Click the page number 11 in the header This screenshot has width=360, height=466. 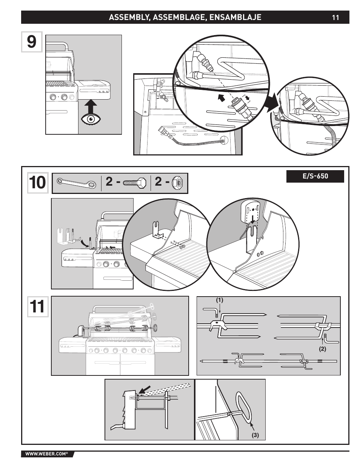(x=335, y=17)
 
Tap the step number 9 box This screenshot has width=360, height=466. (x=32, y=42)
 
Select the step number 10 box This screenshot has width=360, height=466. (x=38, y=183)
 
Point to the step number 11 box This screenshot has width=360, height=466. (x=38, y=307)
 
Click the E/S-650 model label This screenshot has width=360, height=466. (x=315, y=176)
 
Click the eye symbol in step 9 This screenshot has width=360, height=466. (x=91, y=119)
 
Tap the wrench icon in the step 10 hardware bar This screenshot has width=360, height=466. (x=77, y=183)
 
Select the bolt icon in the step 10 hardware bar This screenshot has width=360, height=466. (x=135, y=183)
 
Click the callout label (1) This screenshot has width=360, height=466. (x=220, y=300)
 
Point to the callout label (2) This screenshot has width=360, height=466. (x=323, y=349)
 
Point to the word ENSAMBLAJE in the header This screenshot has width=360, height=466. (x=235, y=17)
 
